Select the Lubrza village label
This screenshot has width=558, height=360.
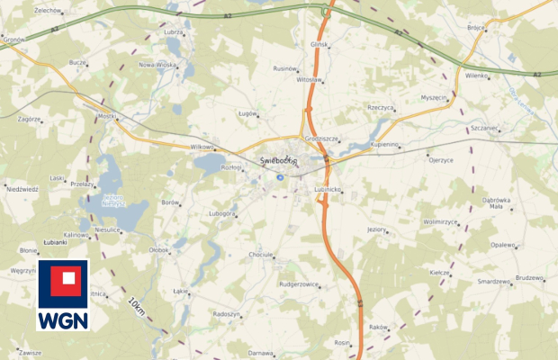(x=174, y=31)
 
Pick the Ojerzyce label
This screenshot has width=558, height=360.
(x=440, y=159)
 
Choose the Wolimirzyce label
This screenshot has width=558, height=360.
(x=440, y=220)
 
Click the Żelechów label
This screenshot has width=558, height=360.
(x=47, y=10)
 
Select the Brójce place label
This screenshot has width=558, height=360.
(x=476, y=27)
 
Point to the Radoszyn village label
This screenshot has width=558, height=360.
(x=226, y=313)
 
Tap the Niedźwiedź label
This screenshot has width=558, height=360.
(x=22, y=189)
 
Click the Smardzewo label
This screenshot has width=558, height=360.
(x=494, y=281)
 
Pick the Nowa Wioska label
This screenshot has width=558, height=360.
(x=157, y=65)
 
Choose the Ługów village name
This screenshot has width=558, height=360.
(x=247, y=113)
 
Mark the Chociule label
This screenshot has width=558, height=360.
(x=260, y=255)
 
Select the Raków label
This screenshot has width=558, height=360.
(x=377, y=327)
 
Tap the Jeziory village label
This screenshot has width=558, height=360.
(x=375, y=229)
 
